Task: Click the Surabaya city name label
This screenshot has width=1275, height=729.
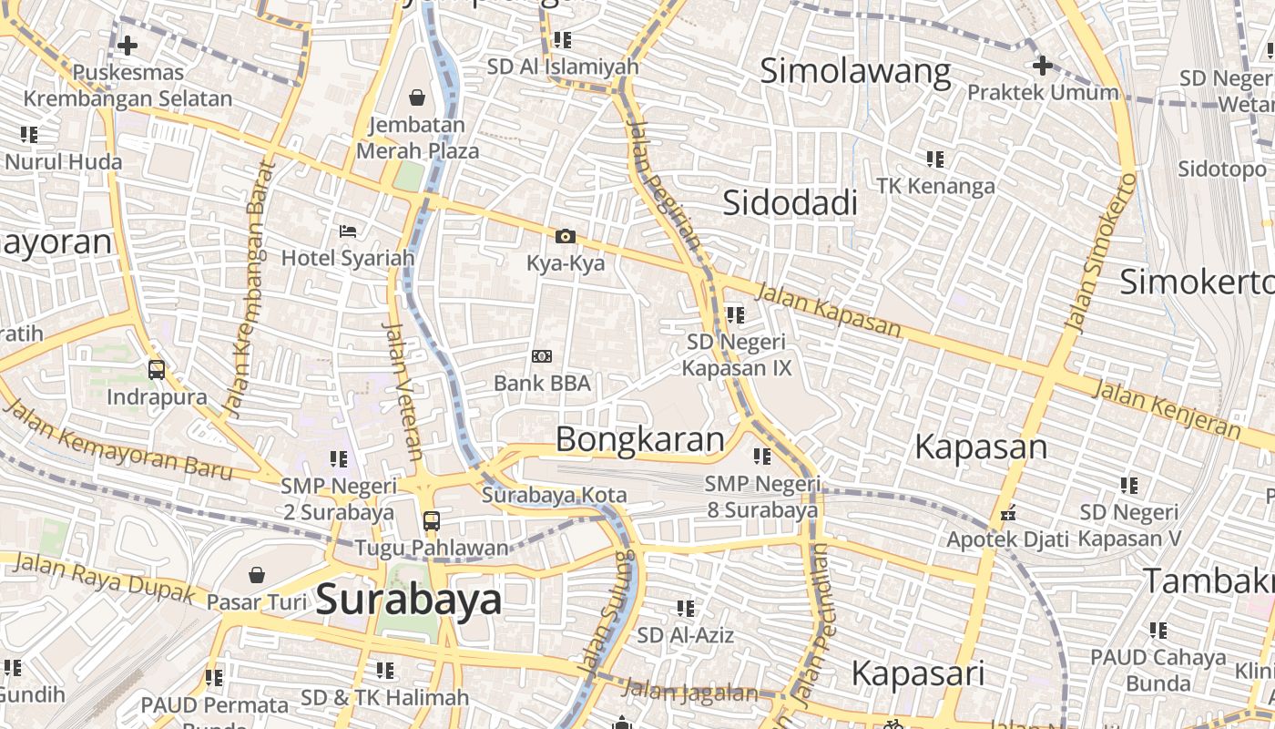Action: click(x=409, y=600)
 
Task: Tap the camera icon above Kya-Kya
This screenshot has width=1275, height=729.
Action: click(x=566, y=237)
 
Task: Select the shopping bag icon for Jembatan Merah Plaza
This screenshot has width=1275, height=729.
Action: click(x=417, y=97)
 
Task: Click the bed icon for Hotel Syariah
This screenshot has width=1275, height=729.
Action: click(x=348, y=231)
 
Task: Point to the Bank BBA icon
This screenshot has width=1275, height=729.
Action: click(x=542, y=356)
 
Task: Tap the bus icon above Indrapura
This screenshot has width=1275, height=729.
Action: click(x=157, y=370)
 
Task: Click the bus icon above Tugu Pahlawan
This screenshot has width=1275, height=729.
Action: click(x=432, y=522)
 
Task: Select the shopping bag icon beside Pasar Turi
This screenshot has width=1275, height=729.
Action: click(x=257, y=575)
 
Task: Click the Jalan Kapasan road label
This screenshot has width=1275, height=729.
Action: click(x=829, y=311)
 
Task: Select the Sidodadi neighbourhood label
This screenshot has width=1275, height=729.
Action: click(x=790, y=203)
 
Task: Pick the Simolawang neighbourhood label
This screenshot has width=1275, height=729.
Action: click(x=855, y=71)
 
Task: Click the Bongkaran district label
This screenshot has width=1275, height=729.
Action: click(x=640, y=439)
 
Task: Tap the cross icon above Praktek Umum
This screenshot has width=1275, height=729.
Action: click(x=1043, y=66)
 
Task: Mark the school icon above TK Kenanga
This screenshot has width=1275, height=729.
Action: click(x=935, y=159)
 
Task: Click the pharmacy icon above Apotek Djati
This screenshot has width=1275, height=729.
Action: click(x=1008, y=513)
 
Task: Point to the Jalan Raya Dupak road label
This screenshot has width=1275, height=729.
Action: click(x=105, y=578)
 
